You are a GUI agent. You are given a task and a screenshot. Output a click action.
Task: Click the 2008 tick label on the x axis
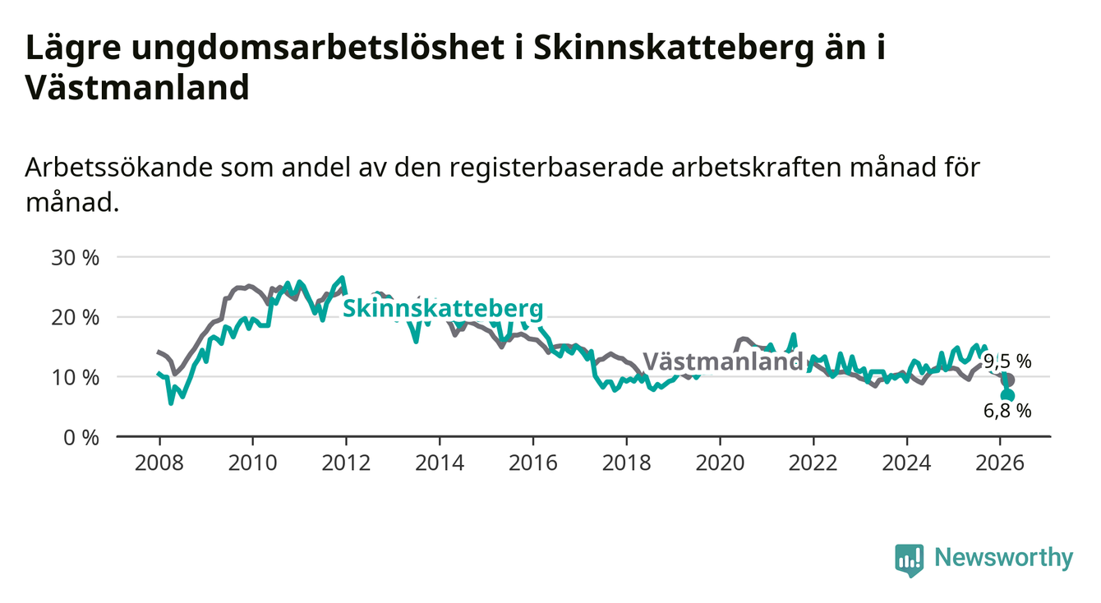(159, 463)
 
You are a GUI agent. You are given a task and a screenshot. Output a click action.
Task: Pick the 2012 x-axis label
(346, 463)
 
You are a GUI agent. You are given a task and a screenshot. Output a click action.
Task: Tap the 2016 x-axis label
(532, 463)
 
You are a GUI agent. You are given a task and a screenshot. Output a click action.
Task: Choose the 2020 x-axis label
(720, 463)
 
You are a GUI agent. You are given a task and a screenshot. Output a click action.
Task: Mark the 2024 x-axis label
(906, 463)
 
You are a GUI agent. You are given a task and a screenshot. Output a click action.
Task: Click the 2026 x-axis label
(1000, 463)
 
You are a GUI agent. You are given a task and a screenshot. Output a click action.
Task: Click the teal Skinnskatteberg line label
(442, 309)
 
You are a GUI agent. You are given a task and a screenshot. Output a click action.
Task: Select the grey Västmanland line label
(722, 361)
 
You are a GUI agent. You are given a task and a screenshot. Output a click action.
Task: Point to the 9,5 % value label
(1007, 361)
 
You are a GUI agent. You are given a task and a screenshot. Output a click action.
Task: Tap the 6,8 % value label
(1007, 411)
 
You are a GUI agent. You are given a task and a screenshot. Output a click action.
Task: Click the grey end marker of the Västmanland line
(1009, 380)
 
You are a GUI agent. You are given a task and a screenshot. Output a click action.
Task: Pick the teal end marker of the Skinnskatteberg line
(1008, 396)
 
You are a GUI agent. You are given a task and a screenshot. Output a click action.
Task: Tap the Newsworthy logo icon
(909, 559)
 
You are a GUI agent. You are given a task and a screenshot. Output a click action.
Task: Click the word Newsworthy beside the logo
(1003, 558)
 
